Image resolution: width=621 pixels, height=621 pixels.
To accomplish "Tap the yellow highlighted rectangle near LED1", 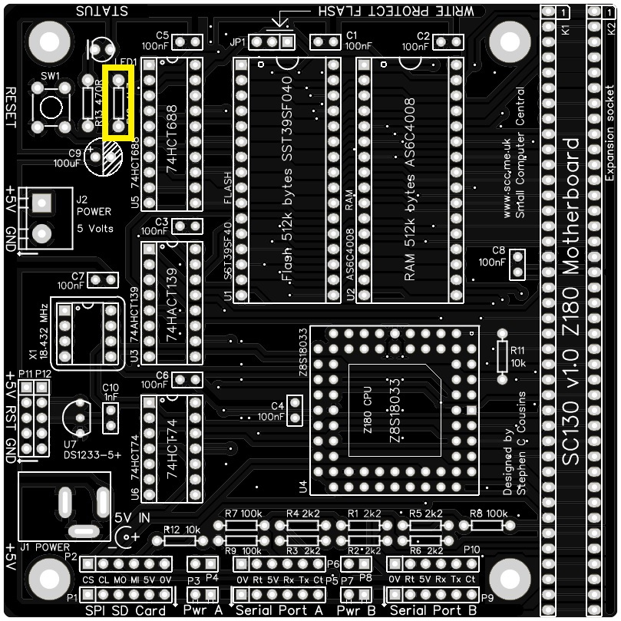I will tap(119, 103).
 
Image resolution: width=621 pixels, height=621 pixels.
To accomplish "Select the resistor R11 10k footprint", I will tap(503, 355).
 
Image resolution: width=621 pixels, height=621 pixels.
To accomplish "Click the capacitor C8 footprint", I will tap(517, 264).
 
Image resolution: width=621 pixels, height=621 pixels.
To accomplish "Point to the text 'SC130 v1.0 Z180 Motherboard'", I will tap(572, 301).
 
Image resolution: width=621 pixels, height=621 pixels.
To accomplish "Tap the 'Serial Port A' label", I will tap(279, 610).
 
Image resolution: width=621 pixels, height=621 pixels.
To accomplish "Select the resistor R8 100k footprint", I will tap(487, 526).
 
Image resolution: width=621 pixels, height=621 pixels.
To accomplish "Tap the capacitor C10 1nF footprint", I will tap(111, 418).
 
